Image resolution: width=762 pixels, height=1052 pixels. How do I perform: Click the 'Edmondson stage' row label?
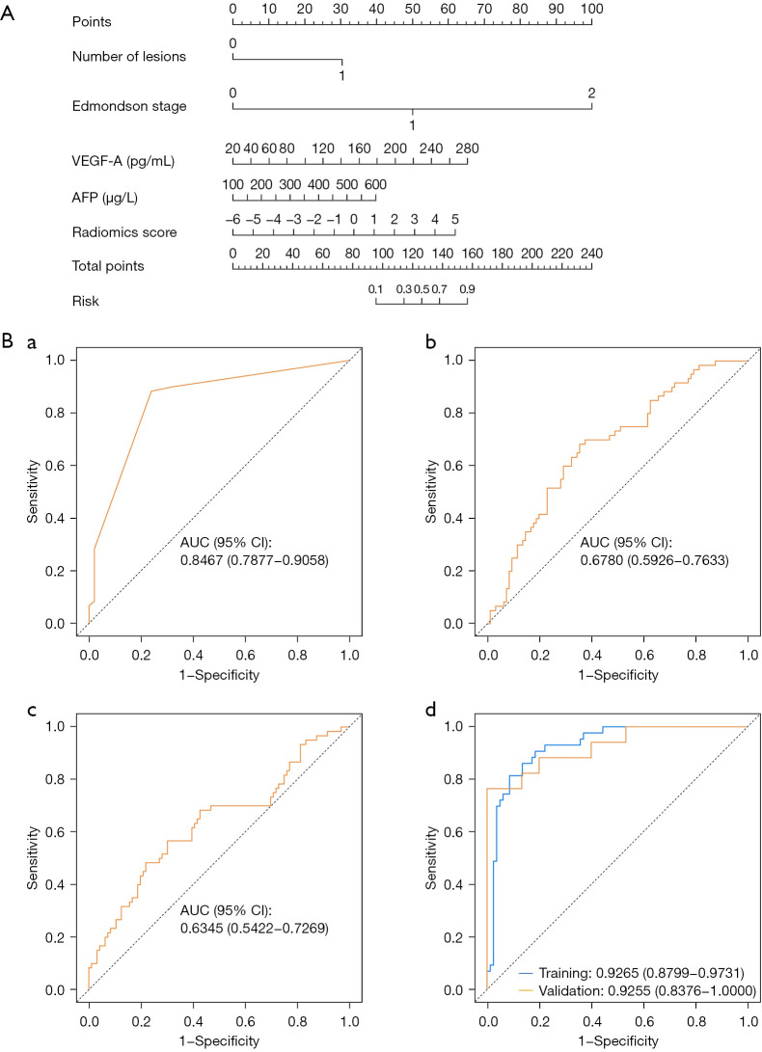click(x=129, y=106)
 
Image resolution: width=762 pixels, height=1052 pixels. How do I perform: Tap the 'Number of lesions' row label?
click(x=129, y=56)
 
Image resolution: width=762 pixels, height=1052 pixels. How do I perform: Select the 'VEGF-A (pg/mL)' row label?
click(x=122, y=160)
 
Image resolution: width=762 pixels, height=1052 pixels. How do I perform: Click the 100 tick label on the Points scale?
click(x=591, y=8)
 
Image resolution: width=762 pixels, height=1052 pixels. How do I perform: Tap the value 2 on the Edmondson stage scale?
click(x=591, y=94)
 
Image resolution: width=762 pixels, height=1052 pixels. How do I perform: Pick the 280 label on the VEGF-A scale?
click(x=467, y=148)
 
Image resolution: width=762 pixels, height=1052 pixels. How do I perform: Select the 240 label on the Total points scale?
click(x=591, y=253)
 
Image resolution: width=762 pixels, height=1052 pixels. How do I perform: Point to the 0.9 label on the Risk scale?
click(x=467, y=289)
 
